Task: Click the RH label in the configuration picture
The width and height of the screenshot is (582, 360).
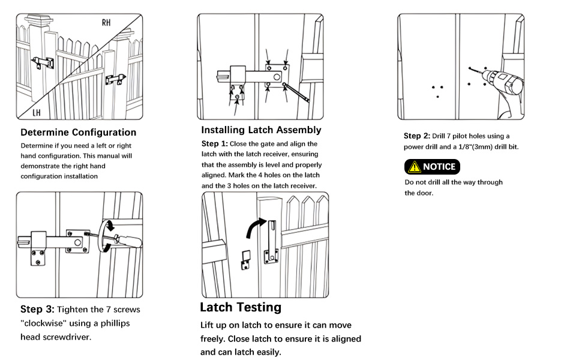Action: click(106, 23)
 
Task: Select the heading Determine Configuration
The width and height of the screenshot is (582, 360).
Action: click(78, 132)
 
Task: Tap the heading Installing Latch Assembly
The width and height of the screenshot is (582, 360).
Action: click(261, 130)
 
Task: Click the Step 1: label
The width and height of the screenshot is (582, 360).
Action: click(214, 144)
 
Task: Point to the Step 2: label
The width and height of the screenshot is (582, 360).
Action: click(416, 136)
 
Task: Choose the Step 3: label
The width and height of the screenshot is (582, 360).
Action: click(37, 310)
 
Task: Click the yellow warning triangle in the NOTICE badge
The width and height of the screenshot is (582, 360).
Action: click(414, 167)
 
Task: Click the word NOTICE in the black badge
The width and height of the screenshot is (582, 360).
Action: click(439, 167)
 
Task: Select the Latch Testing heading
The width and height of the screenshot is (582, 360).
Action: click(241, 307)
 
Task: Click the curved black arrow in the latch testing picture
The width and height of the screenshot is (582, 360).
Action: click(254, 229)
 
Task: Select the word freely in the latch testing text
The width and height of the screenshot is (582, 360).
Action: click(213, 338)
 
